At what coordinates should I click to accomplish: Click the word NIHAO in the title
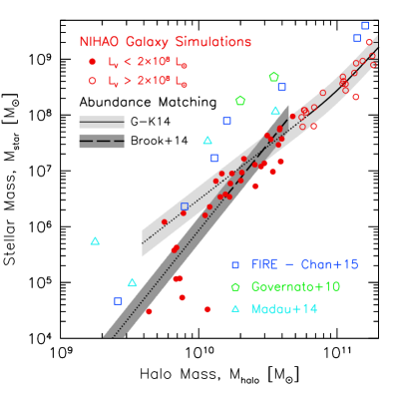tap(101, 43)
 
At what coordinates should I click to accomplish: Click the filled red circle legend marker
tap(93, 62)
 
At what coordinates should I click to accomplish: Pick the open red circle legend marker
tap(93, 81)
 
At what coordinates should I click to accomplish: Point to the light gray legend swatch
tap(102, 122)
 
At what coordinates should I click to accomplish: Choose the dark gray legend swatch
tap(102, 141)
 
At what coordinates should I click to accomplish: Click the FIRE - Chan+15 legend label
tap(304, 264)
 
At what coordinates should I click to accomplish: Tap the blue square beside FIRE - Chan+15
tap(235, 265)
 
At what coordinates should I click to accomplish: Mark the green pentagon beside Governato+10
tap(235, 287)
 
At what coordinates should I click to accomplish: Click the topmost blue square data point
tap(365, 25)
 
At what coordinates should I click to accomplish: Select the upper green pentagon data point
tap(273, 77)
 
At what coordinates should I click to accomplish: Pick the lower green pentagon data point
tap(239, 101)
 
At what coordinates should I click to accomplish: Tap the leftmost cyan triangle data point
tap(96, 241)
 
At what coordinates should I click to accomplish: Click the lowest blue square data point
tap(118, 300)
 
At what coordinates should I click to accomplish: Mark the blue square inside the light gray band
tap(185, 206)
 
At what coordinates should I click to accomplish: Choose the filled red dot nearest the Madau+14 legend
tap(207, 309)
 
